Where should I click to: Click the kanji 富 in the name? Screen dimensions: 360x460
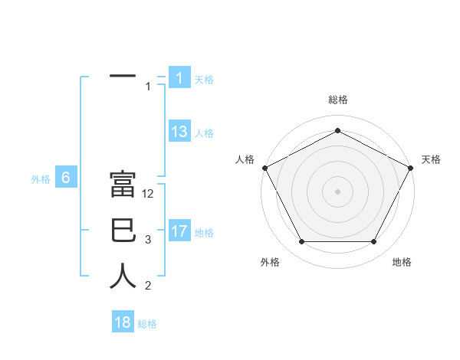(123, 186)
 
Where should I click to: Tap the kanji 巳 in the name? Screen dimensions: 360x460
(123, 231)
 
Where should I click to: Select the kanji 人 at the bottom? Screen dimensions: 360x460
(123, 277)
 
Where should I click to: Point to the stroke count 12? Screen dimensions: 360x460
(149, 194)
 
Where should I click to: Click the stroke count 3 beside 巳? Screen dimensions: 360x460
(148, 240)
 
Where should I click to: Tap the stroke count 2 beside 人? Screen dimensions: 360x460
(148, 286)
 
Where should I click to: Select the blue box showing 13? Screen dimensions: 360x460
(179, 132)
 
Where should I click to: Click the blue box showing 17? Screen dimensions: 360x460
(179, 231)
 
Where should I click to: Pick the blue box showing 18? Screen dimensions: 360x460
(123, 322)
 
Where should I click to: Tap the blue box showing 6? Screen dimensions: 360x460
(66, 178)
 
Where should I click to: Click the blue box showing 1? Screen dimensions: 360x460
(179, 77)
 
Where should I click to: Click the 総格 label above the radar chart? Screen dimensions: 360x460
(337, 100)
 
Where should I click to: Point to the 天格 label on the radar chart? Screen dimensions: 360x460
(432, 159)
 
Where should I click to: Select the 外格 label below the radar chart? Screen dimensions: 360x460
(270, 262)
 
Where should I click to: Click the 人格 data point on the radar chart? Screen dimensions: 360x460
(264, 167)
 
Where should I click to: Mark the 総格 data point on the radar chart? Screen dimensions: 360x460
(337, 130)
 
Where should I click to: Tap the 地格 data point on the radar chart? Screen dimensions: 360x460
(374, 242)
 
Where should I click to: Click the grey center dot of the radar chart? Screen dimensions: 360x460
(337, 191)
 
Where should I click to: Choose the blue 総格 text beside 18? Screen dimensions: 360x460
(147, 324)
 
